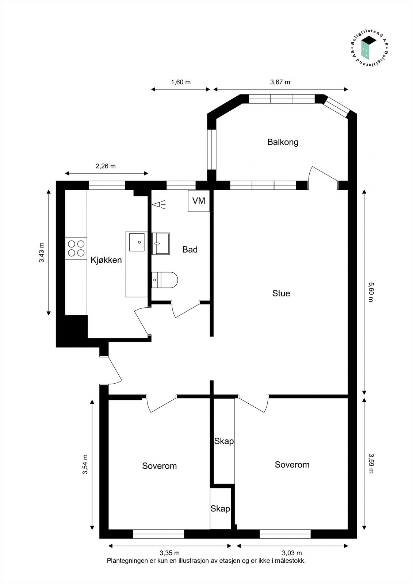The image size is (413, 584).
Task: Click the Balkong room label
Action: (283, 142)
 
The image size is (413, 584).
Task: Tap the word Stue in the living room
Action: (281, 293)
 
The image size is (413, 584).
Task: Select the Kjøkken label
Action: (106, 260)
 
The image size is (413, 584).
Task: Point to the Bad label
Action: (190, 250)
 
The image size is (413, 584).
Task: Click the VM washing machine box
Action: (199, 201)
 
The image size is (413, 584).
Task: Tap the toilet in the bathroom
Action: (165, 280)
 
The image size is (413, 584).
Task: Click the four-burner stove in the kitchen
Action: (76, 248)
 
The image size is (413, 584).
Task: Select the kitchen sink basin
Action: (137, 242)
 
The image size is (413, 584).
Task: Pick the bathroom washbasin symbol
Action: (161, 243)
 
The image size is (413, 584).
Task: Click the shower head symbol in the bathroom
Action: (159, 205)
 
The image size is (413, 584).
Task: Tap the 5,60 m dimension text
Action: (371, 292)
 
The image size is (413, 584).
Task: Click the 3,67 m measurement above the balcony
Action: (280, 82)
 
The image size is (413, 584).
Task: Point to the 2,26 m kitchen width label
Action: (106, 166)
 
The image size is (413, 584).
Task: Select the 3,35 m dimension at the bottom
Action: (169, 553)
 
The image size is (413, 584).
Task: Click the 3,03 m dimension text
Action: (292, 553)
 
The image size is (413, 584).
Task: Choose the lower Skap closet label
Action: (220, 509)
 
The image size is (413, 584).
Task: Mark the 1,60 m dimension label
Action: (181, 82)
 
